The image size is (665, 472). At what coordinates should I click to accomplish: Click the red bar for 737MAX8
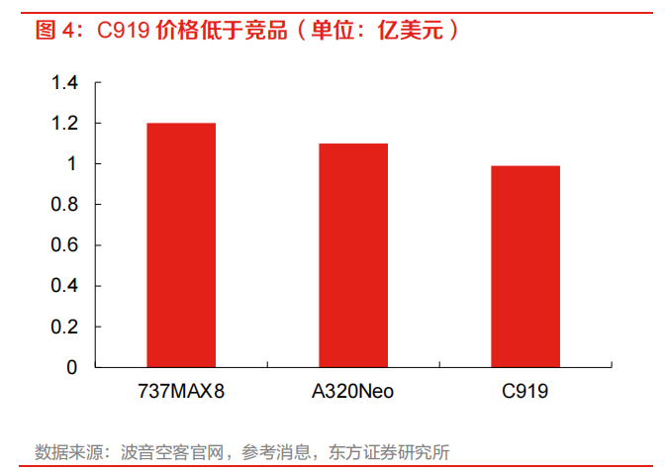click(181, 244)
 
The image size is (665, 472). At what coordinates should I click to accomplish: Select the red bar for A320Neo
click(352, 254)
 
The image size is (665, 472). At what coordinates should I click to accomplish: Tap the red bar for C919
click(524, 266)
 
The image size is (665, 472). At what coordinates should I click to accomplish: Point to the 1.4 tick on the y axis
click(64, 83)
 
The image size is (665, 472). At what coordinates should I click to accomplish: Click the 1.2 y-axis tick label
click(64, 124)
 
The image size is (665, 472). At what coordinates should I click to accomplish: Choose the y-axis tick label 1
click(71, 164)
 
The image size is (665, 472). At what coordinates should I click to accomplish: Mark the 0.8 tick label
click(64, 205)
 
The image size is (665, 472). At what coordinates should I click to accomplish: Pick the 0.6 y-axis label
click(64, 245)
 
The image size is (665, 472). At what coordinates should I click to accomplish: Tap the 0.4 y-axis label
click(64, 286)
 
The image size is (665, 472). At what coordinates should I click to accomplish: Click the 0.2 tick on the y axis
click(64, 327)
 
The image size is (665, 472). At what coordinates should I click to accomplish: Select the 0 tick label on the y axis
click(71, 367)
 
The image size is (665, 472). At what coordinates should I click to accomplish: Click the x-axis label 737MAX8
click(181, 392)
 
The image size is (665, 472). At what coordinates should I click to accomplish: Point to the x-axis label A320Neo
click(352, 392)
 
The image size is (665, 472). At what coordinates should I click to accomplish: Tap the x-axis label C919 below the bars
click(524, 392)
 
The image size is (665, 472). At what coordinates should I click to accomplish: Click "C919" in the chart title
click(124, 30)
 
